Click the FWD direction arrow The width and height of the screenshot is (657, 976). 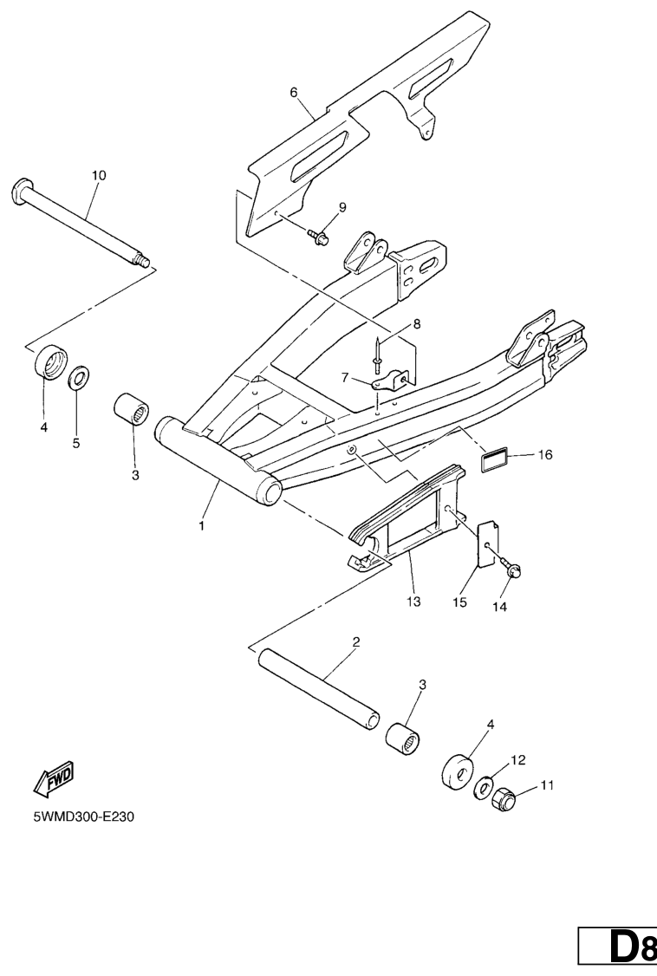click(x=54, y=778)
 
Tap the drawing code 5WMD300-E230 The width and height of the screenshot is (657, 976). click(x=83, y=816)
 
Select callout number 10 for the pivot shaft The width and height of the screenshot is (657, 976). click(x=98, y=176)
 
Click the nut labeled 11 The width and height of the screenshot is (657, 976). click(x=503, y=796)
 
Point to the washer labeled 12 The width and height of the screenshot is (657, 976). click(x=483, y=786)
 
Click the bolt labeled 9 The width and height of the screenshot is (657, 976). click(x=318, y=237)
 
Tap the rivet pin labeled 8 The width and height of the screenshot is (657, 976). click(x=377, y=354)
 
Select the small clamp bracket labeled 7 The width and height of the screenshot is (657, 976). click(x=389, y=380)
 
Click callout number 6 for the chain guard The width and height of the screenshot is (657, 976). click(x=294, y=93)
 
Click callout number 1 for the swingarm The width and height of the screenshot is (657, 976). click(x=201, y=526)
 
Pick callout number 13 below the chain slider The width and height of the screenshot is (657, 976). click(x=413, y=602)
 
